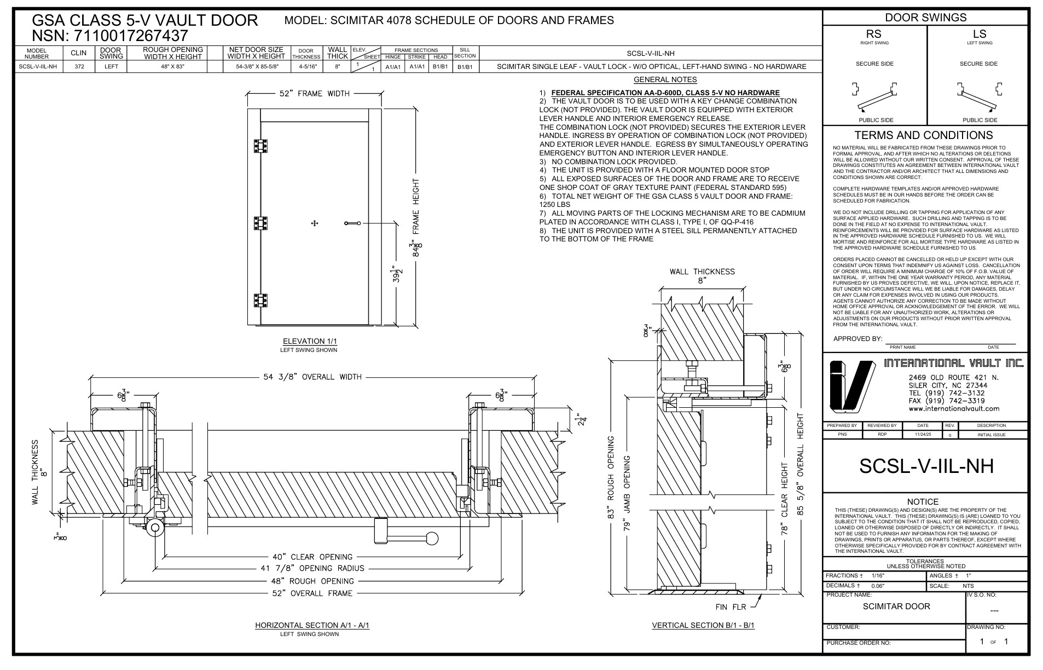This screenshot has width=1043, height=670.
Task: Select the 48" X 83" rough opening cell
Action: click(172, 67)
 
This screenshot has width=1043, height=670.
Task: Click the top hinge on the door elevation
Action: click(260, 146)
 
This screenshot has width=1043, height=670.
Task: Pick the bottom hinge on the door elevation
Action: click(260, 301)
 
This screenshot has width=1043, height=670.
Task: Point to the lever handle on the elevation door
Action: click(352, 223)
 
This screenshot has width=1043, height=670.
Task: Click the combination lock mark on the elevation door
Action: click(315, 223)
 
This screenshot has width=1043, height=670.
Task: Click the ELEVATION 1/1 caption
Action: click(310, 341)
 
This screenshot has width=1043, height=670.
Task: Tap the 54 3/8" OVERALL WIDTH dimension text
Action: click(312, 377)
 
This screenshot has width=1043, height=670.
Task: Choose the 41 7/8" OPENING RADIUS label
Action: click(312, 568)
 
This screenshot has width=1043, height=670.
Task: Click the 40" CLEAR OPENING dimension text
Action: click(312, 557)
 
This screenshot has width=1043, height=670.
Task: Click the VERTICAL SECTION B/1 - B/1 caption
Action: click(703, 625)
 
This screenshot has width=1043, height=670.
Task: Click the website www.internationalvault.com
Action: click(953, 408)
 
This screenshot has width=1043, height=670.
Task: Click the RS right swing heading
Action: click(874, 34)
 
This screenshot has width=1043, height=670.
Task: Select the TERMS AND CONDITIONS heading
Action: click(923, 135)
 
